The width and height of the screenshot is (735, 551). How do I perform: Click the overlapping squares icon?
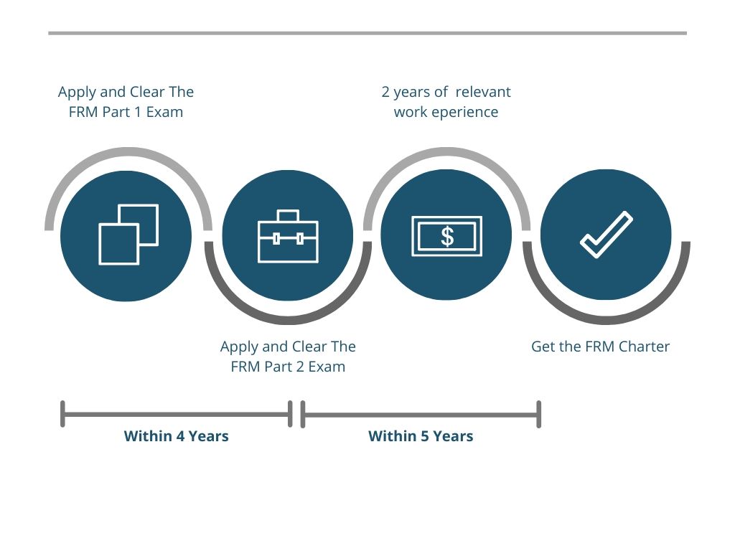[x=128, y=235]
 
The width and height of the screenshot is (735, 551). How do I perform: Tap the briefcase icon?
[x=288, y=236]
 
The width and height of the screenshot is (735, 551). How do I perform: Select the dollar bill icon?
[x=446, y=236]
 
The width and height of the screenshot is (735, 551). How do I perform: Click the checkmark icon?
[x=606, y=235]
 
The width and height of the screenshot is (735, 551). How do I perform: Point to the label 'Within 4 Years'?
[x=176, y=436]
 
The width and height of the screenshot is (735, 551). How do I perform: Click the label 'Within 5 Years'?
[x=421, y=436]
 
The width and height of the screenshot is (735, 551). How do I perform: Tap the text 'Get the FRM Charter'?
[x=600, y=347]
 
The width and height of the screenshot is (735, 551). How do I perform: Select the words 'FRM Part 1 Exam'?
[x=126, y=112]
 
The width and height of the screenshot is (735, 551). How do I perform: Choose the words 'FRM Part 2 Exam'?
[x=288, y=367]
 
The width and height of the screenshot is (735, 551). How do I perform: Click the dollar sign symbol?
[x=447, y=236]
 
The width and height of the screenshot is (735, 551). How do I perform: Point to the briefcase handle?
[x=288, y=215]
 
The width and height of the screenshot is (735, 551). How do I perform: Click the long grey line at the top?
[x=367, y=33]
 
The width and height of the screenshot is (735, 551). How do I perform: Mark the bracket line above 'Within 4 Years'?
[x=176, y=414]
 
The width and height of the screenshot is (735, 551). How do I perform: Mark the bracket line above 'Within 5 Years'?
[x=421, y=414]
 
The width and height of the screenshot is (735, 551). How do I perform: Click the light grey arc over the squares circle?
[x=128, y=153]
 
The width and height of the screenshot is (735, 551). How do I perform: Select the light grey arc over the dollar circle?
[x=446, y=153]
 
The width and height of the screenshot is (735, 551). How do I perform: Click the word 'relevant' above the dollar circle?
[x=483, y=92]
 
